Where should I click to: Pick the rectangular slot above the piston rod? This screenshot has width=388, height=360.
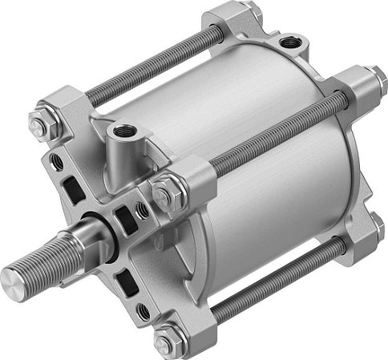coord(73,188)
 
